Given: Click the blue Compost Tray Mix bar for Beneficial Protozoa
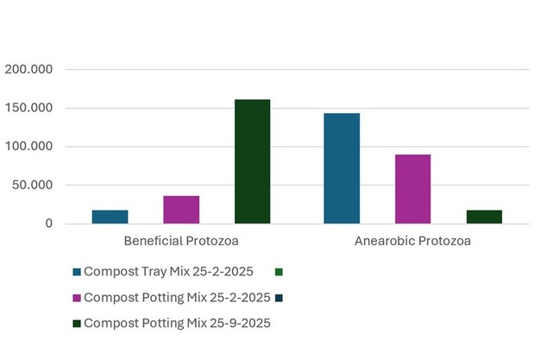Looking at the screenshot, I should [x=110, y=217].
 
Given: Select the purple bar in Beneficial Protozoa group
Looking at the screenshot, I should [x=181, y=210].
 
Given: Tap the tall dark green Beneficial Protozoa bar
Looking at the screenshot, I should [x=252, y=161].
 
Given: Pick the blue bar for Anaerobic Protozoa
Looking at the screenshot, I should [x=342, y=168].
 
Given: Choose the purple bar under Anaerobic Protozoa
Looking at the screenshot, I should [x=412, y=189].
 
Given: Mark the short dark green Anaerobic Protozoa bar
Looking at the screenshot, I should [x=483, y=217].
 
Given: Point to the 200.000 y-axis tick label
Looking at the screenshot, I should [x=30, y=69].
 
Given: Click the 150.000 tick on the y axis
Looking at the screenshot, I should [x=30, y=108].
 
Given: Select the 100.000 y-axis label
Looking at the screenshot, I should [x=30, y=147].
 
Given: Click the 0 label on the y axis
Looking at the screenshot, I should [x=49, y=224].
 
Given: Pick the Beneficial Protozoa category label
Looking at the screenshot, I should [x=181, y=241].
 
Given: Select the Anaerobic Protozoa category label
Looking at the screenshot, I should [x=412, y=241].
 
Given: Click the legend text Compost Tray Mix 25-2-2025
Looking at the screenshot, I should [x=169, y=271].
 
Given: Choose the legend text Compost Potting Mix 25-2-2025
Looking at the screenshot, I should [x=178, y=297].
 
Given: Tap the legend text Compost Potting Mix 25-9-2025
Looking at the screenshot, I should [x=178, y=323].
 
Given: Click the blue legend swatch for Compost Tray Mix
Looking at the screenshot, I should [x=77, y=271].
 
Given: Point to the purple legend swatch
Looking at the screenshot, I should [x=77, y=297].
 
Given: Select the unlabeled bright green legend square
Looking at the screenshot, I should [x=279, y=271].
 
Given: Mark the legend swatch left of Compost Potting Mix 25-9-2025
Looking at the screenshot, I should [x=77, y=323].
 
